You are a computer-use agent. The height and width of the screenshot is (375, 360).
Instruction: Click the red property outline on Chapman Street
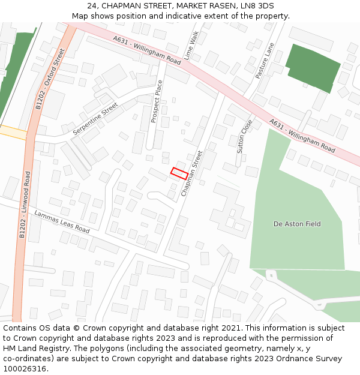click(178, 173)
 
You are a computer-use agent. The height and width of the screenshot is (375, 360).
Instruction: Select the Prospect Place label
click(157, 101)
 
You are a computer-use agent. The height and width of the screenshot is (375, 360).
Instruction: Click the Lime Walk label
click(191, 46)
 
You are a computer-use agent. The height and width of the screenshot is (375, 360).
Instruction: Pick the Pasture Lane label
click(264, 60)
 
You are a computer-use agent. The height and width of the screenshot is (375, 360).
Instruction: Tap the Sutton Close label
click(245, 136)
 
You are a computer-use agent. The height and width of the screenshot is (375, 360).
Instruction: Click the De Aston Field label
click(297, 224)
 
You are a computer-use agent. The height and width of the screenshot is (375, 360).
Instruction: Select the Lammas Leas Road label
click(62, 222)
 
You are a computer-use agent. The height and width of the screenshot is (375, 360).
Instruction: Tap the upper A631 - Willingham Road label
click(147, 50)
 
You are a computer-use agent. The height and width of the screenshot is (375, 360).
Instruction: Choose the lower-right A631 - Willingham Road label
click(302, 135)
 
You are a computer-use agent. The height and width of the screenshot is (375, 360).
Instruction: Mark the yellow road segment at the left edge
click(12, 131)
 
